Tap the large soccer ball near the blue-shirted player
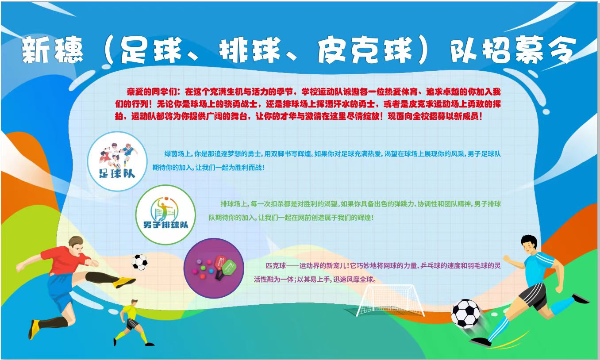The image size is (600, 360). point(465,314)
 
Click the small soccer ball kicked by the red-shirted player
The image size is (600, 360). point(139,262)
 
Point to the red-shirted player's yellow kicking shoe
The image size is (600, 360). point(124,282)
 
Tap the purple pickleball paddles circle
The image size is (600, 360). point(214,268)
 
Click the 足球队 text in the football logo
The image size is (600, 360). point(117,174)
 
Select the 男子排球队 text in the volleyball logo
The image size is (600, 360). point(165,225)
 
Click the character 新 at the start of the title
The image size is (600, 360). point(36,50)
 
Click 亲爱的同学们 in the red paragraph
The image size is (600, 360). point(152,92)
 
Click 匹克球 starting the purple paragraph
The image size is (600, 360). point(276,266)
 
